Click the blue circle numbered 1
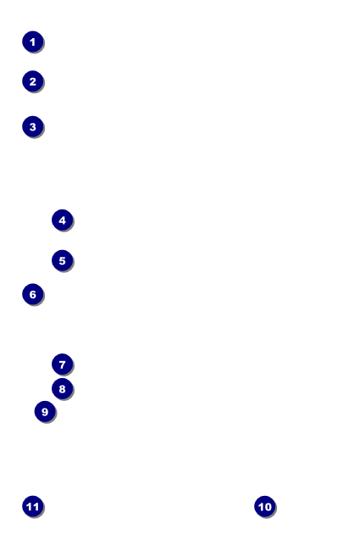(x=33, y=42)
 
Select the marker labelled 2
(x=33, y=81)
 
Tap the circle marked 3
(x=33, y=126)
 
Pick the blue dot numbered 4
(x=62, y=220)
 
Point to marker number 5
(x=62, y=261)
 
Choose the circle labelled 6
(x=33, y=294)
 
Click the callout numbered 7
(x=62, y=365)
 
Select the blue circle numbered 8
(x=62, y=389)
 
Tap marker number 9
(x=45, y=411)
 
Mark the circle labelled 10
(x=265, y=506)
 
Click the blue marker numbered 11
(x=33, y=506)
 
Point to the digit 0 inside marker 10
(x=268, y=507)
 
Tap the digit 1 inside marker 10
(x=261, y=507)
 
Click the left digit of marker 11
(x=30, y=507)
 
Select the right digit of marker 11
(x=36, y=507)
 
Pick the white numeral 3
(x=33, y=127)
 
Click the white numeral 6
(x=33, y=294)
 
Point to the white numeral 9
(x=45, y=412)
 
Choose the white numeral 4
(x=62, y=220)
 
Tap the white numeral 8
(x=62, y=389)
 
